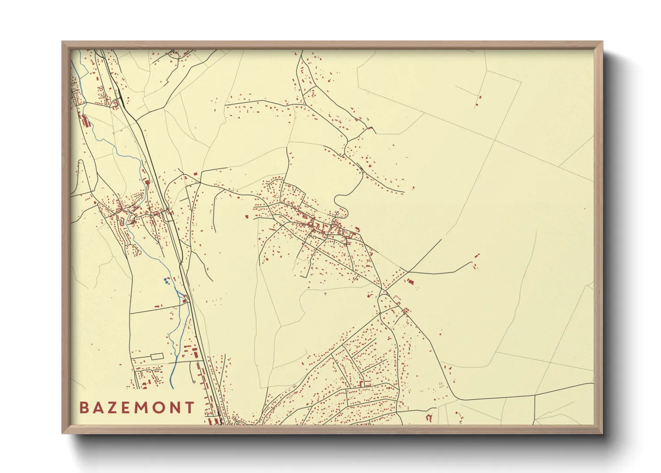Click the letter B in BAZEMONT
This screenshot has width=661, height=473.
pos(84,407)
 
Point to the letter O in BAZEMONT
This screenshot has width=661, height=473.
pos(160,407)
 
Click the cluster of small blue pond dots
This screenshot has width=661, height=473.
pos(166,281)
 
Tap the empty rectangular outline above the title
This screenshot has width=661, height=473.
pos(157,357)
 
